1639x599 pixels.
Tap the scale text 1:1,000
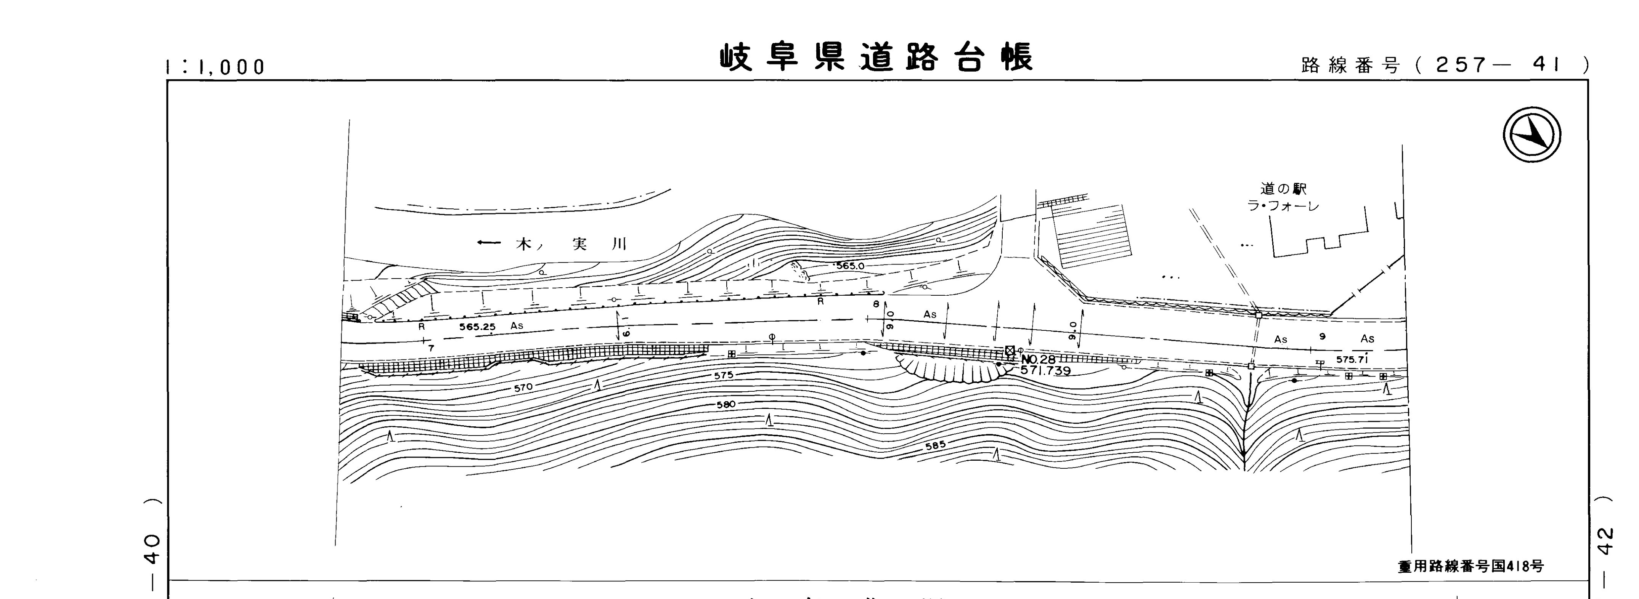click(215, 67)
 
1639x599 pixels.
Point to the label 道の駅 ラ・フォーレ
click(1283, 197)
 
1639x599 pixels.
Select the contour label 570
click(523, 386)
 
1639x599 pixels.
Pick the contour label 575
click(724, 375)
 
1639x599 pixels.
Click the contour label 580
click(726, 404)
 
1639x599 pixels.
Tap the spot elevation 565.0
click(850, 266)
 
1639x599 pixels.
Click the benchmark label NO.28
click(1038, 359)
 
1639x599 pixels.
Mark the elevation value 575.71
click(1352, 359)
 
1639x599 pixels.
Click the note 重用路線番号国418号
click(1470, 566)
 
